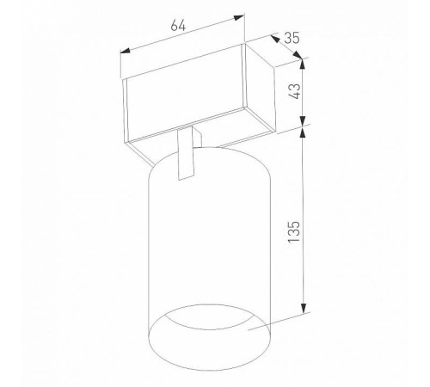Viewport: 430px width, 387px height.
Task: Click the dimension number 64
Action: click(x=178, y=25)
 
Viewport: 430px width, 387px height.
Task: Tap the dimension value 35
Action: click(x=292, y=38)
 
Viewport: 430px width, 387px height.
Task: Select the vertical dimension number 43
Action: click(x=294, y=91)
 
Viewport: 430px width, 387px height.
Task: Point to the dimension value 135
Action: click(x=294, y=231)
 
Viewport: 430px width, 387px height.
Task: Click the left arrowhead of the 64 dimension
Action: click(x=125, y=51)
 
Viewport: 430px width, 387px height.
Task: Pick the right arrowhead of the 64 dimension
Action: click(x=239, y=17)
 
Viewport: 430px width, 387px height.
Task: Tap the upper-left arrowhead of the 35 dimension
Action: click(x=275, y=38)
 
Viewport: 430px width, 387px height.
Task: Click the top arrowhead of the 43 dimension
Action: click(x=303, y=64)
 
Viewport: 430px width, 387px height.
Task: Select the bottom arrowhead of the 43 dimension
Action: click(x=303, y=120)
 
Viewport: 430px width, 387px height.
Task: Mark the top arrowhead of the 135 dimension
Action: click(x=303, y=132)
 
